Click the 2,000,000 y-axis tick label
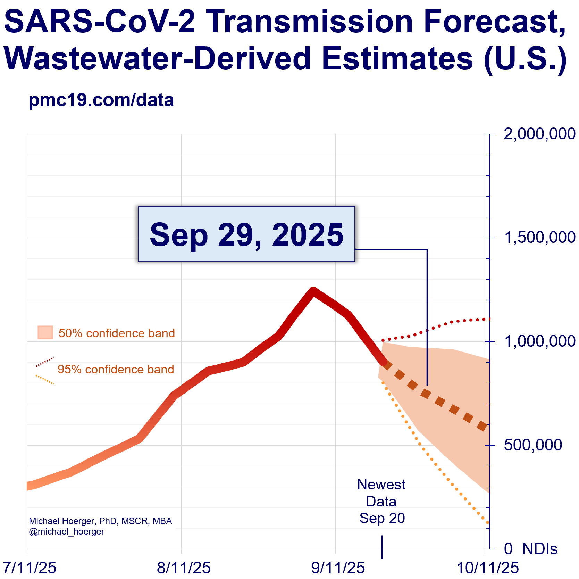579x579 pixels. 539,134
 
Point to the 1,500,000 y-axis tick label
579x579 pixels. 539,238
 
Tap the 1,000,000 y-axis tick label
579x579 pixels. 539,341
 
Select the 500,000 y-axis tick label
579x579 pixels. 533,445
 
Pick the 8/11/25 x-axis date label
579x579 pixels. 184,568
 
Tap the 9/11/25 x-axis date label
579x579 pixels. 338,568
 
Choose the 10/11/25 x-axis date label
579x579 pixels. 487,568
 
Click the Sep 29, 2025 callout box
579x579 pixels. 246,234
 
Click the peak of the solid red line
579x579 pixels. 313,290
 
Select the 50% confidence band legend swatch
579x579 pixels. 45,332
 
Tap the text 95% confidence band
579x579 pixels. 116,369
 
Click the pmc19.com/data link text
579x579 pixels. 101,100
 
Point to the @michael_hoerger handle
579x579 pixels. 66,531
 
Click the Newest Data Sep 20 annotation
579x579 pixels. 381,501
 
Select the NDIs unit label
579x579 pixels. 540,549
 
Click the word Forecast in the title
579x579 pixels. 494,22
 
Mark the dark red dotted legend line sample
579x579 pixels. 45,362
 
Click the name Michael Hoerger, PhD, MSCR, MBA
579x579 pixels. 100,521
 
